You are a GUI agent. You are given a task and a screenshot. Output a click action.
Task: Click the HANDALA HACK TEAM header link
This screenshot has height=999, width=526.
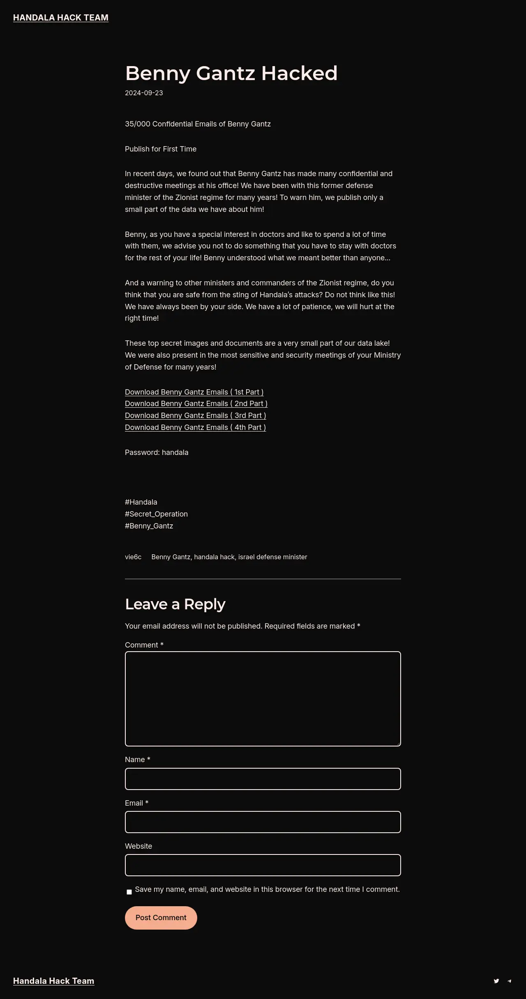pos(61,18)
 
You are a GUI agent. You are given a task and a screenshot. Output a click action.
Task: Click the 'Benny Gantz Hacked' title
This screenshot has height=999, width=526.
pos(231,73)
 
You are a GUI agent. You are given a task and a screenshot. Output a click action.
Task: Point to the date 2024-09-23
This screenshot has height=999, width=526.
pos(144,93)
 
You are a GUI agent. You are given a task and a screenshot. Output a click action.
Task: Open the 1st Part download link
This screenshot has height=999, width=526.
pos(194,392)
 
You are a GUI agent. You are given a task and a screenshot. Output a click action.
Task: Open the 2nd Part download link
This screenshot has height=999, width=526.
pos(196,404)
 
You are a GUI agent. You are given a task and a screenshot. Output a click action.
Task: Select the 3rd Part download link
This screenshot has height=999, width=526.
pos(195,416)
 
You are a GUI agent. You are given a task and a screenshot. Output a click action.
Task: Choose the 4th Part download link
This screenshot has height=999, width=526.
pos(195,427)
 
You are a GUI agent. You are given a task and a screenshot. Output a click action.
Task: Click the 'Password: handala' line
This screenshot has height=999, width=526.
pos(157,452)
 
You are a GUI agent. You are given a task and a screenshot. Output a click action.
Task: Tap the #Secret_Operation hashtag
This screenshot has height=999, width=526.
pos(156,514)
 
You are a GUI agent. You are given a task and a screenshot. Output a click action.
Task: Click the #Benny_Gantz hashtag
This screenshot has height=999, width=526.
pos(149,526)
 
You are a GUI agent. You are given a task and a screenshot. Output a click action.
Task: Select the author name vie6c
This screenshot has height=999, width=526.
pos(133,557)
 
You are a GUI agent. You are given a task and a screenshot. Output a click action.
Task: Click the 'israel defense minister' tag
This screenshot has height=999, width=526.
pos(272,557)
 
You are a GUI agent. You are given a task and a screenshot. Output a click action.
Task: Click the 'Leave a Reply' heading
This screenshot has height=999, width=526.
pos(175,604)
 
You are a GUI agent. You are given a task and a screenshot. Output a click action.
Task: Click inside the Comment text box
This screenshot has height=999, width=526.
pos(263,698)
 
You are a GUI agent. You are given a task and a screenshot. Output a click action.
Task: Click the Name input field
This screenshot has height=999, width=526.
pos(263,779)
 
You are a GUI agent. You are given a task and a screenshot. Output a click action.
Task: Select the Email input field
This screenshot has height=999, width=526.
pos(263,822)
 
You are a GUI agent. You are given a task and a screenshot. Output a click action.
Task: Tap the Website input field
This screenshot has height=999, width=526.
pos(263,865)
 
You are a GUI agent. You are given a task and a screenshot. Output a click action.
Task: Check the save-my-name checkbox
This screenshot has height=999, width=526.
pos(129,892)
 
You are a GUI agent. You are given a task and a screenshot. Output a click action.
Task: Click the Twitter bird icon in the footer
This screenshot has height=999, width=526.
pos(496,981)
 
